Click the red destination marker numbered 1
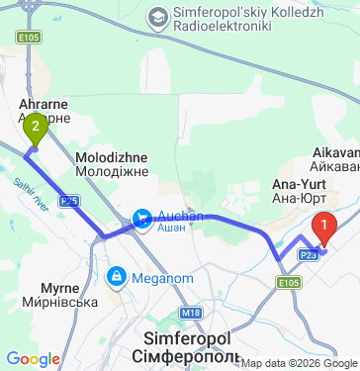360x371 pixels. [x=323, y=230]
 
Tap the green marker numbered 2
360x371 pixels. [x=37, y=127]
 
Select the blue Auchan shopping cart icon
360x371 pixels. [x=141, y=216]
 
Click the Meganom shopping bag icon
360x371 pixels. [x=117, y=275]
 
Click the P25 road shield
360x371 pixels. [x=67, y=200]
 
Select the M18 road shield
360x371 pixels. [x=191, y=313]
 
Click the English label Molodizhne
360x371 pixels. [x=112, y=157]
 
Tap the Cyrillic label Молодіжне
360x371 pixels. [x=112, y=172]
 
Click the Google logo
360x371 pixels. [x=33, y=359]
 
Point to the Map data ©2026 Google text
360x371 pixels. [x=293, y=363]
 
